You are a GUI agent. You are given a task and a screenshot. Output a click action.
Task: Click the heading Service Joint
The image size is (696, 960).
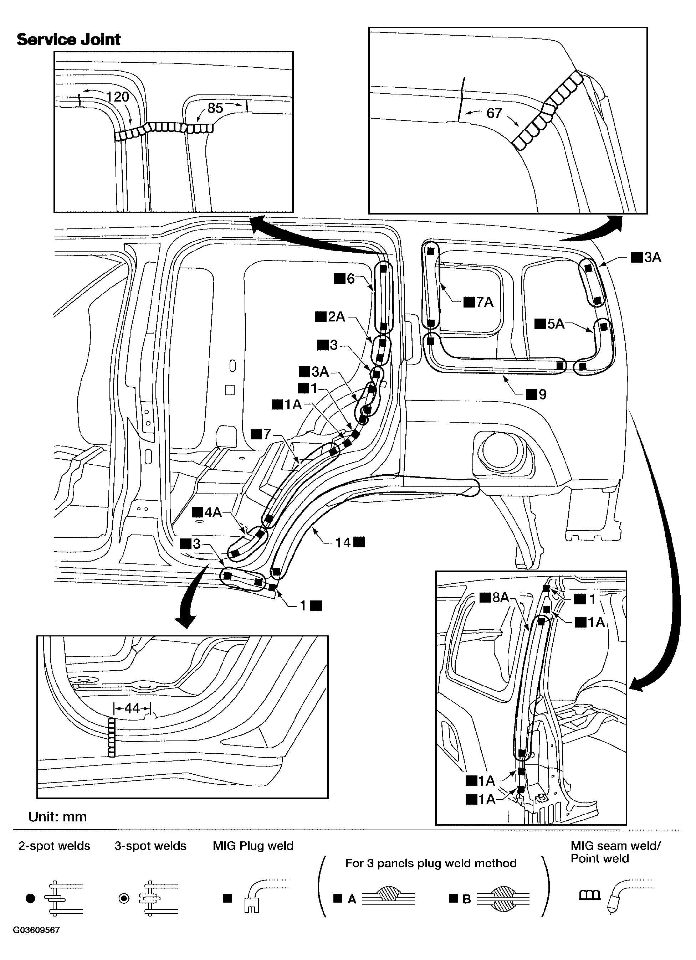coord(68,39)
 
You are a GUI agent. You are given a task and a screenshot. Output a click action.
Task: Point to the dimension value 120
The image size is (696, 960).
coord(117,97)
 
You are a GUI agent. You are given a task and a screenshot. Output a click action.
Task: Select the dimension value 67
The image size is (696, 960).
coord(494,113)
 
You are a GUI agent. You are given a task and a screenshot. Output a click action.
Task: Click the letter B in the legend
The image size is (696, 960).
coord(466,899)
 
